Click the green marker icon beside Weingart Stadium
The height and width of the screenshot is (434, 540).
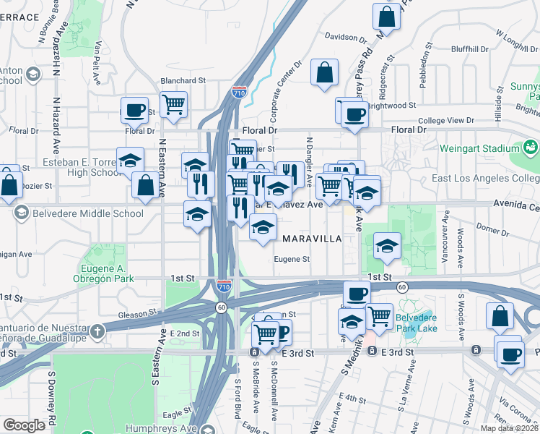click(x=531, y=148)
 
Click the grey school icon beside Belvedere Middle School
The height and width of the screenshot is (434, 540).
click(x=21, y=213)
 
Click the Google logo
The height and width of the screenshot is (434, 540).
click(x=24, y=425)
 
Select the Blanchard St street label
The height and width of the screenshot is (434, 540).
click(x=183, y=81)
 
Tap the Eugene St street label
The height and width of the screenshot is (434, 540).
click(x=292, y=259)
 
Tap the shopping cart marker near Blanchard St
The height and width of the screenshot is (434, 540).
click(x=173, y=105)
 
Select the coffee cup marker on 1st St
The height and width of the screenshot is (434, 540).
click(x=356, y=294)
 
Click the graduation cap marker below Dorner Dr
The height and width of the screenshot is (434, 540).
click(x=388, y=246)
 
